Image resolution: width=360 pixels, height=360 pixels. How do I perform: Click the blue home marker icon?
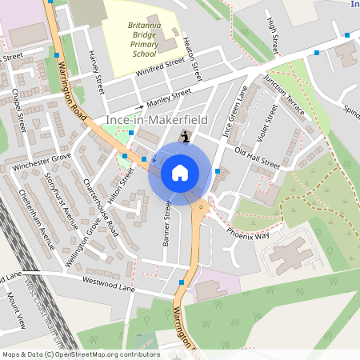coord(180,172)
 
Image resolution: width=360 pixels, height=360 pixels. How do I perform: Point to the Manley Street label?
coord(169,98)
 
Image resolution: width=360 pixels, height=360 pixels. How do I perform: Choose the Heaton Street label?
coord(190,57)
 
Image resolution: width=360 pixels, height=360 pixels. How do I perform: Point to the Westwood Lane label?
coord(105,281)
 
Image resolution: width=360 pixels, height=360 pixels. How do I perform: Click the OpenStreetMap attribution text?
coord(80,354)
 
